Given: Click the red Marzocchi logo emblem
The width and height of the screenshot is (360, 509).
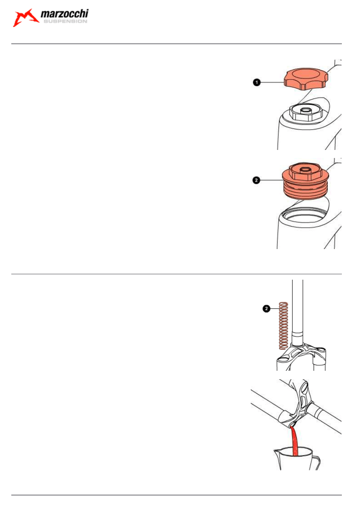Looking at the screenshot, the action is pos(25,18).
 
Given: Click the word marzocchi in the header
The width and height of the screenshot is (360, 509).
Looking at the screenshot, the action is pos(65,14).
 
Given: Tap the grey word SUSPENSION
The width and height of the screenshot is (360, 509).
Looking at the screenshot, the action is pos(65,21).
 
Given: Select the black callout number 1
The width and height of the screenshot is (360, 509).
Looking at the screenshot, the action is pos(256,82).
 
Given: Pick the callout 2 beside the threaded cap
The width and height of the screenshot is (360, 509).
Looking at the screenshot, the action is pos(256,180).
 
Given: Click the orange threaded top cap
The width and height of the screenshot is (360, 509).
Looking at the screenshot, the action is pos(305,181).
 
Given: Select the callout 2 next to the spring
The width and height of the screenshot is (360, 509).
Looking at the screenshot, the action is pos(266,309).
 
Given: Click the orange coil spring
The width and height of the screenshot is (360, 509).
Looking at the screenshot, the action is pos(283,326).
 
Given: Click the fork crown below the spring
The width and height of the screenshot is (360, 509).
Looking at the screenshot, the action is pos(301,357).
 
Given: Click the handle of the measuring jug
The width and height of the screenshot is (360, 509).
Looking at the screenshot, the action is pos(316,463).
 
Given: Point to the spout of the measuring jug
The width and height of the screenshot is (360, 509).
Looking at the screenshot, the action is pos(277,451).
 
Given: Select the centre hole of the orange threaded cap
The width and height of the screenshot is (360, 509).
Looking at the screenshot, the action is pos(305,170).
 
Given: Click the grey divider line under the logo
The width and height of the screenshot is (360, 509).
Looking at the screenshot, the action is pos(177,44).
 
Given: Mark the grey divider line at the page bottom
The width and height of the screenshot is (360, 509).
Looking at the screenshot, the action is pos(177,495).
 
